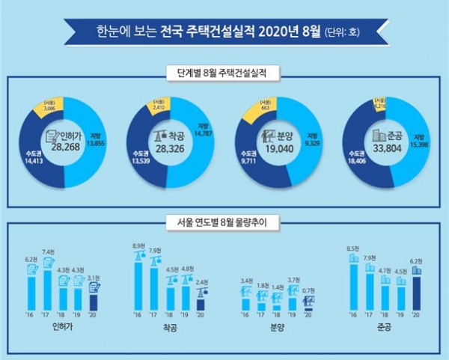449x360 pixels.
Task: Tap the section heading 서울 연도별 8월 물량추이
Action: coord(224,222)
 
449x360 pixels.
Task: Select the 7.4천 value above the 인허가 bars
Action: coord(49,251)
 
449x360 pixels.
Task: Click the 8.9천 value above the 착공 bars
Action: coord(138,245)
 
